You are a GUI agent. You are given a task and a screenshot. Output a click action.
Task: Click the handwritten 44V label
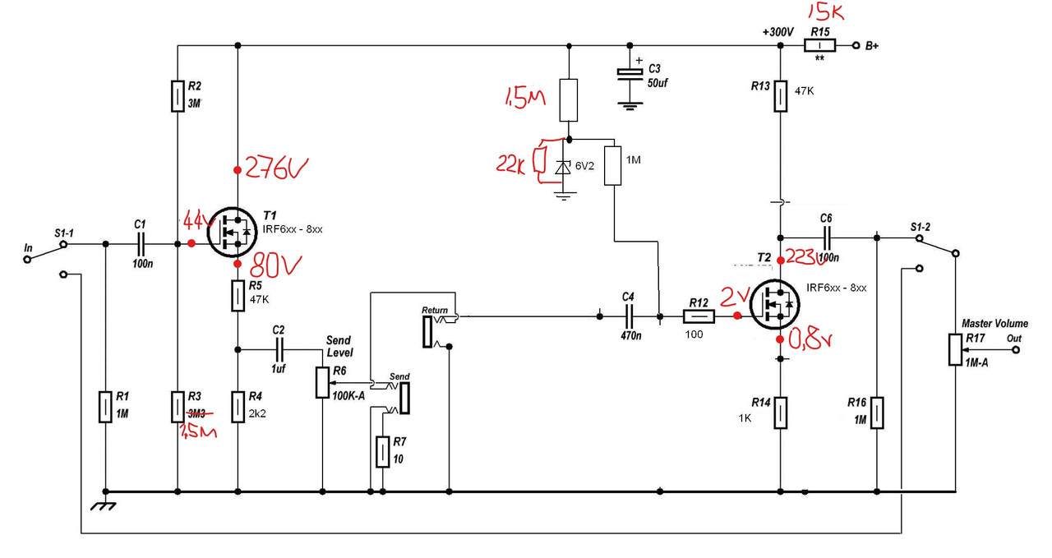coord(196,222)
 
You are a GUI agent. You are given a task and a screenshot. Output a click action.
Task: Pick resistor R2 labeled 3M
coord(178,96)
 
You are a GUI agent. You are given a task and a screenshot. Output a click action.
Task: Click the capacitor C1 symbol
coord(141,243)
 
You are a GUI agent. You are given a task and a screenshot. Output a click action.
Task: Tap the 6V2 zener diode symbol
coord(562,168)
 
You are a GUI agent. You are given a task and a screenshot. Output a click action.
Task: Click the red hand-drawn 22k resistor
coord(540,161)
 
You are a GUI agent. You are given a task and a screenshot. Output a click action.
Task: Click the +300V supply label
coord(777,32)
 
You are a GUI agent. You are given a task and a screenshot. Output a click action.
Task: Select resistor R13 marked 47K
coord(779,97)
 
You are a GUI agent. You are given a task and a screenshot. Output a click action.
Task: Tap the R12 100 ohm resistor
coord(699,316)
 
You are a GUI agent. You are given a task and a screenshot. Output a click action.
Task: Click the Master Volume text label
coord(994,324)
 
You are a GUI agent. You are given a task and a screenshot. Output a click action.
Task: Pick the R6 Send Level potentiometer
coord(321,381)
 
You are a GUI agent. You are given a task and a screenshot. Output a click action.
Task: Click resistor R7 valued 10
coord(382,452)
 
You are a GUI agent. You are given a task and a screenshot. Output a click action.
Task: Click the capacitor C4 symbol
coord(630,315)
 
